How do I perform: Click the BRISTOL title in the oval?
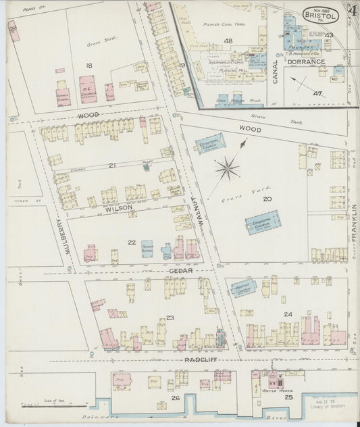click(316, 14)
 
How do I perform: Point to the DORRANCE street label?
click(309, 61)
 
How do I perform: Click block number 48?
click(228, 42)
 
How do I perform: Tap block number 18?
click(88, 65)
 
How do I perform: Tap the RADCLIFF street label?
click(199, 361)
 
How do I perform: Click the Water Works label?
click(269, 390)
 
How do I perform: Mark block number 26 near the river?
click(175, 398)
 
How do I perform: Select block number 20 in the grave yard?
click(267, 199)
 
